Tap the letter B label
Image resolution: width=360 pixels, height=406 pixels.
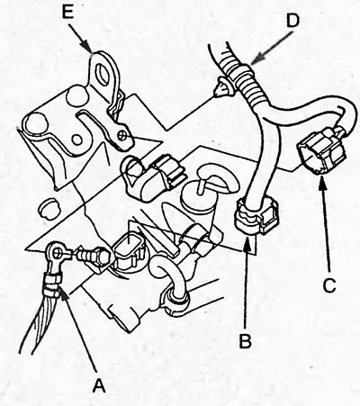point(246,341)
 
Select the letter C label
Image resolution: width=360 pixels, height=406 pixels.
point(329,285)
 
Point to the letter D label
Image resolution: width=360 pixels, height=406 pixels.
point(293,21)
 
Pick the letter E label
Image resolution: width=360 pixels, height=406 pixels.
point(67,13)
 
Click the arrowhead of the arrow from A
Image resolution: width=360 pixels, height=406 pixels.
point(62,291)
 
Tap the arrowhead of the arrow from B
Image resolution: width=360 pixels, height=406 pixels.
point(247,241)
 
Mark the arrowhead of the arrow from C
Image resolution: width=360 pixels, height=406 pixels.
point(321,181)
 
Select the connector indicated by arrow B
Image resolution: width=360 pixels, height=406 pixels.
point(256,217)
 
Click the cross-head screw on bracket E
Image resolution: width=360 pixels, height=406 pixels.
point(123,135)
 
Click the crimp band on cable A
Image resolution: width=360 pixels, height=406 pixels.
point(51,284)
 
